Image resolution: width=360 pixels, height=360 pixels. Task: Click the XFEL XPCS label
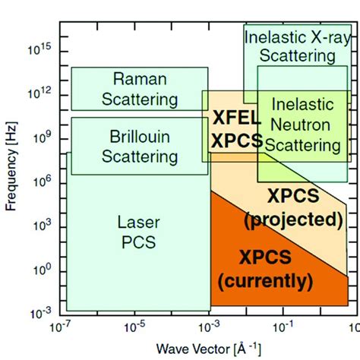click(x=237, y=130)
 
